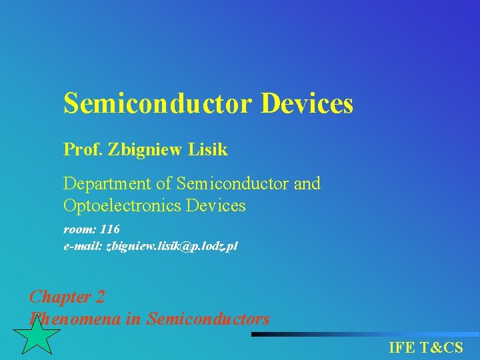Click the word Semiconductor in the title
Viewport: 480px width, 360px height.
click(x=157, y=104)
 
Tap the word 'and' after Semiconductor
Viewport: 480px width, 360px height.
click(x=307, y=183)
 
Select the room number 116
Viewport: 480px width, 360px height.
click(x=110, y=229)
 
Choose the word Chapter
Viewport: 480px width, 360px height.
click(x=61, y=297)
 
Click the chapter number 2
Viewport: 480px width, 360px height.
click(x=100, y=297)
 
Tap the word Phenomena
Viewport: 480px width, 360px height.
click(x=75, y=319)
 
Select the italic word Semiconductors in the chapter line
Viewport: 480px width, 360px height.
click(x=208, y=319)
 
